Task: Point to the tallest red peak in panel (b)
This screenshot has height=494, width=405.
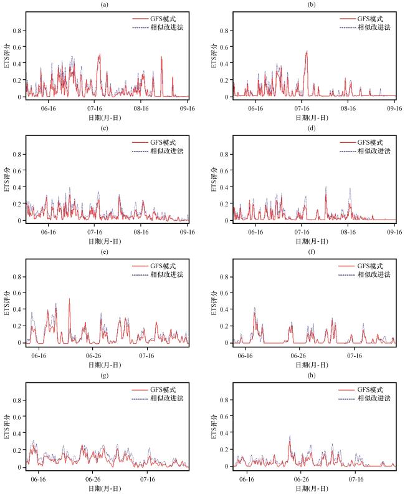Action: [307, 52]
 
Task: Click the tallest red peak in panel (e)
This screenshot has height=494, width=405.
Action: [69, 299]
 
